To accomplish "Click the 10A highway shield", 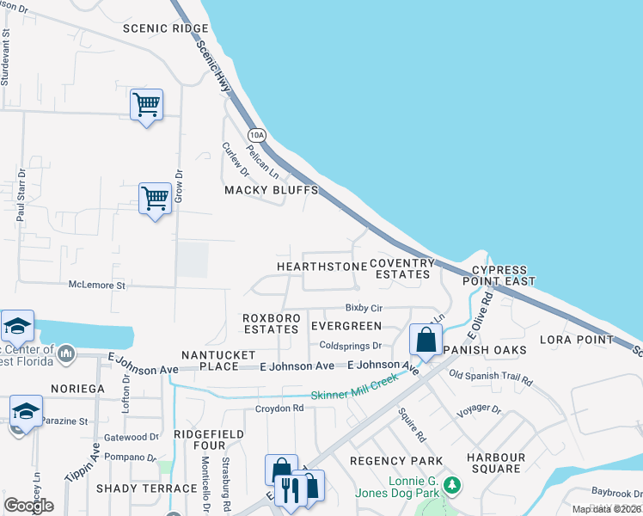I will pyautogui.click(x=256, y=135).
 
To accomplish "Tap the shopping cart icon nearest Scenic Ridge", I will pyautogui.click(x=147, y=106).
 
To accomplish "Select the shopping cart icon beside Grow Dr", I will pyautogui.click(x=155, y=199).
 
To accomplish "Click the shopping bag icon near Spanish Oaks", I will pyautogui.click(x=426, y=340).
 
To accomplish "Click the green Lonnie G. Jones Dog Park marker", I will pyautogui.click(x=451, y=487).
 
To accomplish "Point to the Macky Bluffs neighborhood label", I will pyautogui.click(x=272, y=190).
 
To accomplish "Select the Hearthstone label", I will pyautogui.click(x=321, y=267).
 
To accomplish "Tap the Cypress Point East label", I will pyautogui.click(x=499, y=275).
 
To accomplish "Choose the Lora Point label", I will pyautogui.click(x=575, y=340).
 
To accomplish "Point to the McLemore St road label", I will pyautogui.click(x=97, y=285).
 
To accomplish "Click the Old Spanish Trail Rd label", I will pyautogui.click(x=491, y=378).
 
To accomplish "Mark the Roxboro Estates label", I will pyautogui.click(x=271, y=322).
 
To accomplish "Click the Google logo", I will pyautogui.click(x=29, y=506).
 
